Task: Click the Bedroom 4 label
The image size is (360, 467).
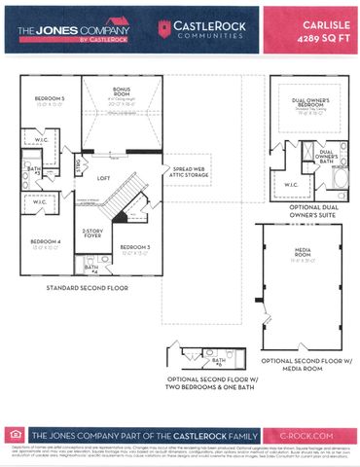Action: pyautogui.click(x=46, y=240)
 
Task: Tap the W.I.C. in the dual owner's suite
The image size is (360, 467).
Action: pyautogui.click(x=291, y=182)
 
